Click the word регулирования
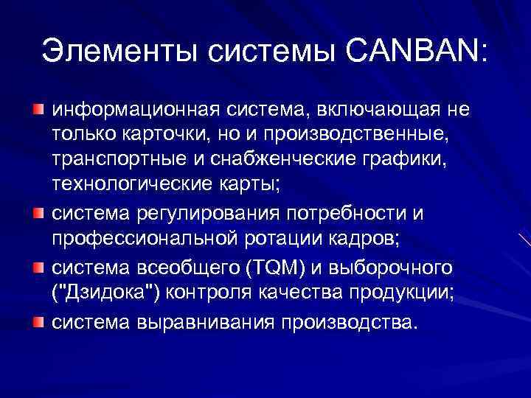pyautogui.click(x=201, y=214)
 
